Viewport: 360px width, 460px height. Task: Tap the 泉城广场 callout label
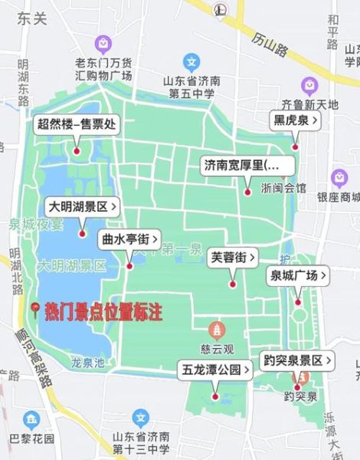pos(298,275)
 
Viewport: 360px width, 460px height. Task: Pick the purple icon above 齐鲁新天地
pos(309,84)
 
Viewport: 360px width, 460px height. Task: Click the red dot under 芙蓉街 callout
pos(233,284)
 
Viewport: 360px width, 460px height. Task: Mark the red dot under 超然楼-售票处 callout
pos(77,150)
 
